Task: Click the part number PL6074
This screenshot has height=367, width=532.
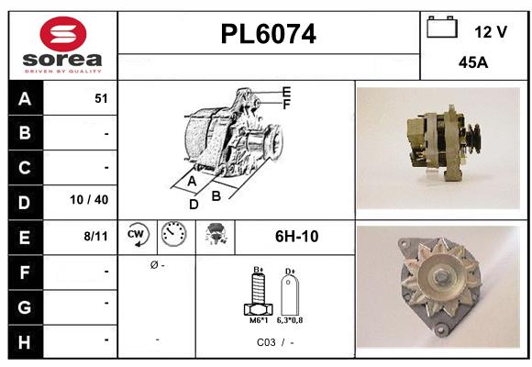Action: pyautogui.click(x=269, y=35)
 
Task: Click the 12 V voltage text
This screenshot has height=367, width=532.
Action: pyautogui.click(x=491, y=32)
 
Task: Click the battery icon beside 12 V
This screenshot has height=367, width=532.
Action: pyautogui.click(x=442, y=28)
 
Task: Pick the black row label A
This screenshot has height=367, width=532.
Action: pyautogui.click(x=24, y=99)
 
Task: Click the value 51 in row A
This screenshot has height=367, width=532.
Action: pyautogui.click(x=101, y=99)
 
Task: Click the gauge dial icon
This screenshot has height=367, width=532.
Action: pyautogui.click(x=173, y=236)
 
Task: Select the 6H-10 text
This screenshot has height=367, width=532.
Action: pyautogui.click(x=296, y=236)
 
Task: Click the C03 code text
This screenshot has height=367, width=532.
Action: pyautogui.click(x=267, y=342)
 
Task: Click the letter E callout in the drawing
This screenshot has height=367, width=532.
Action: pyautogui.click(x=286, y=92)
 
